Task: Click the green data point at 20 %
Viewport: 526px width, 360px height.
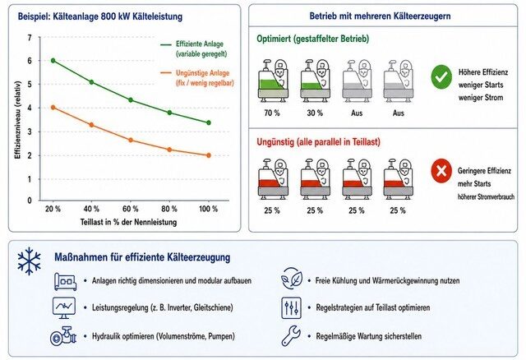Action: coord(53,60)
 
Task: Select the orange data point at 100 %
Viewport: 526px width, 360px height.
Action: coord(209,155)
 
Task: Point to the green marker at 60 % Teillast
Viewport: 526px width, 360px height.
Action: coord(131,100)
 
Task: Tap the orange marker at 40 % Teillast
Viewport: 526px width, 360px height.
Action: coord(91,125)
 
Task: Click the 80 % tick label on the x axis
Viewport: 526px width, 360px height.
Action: coord(169,209)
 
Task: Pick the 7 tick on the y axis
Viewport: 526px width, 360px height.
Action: coord(30,38)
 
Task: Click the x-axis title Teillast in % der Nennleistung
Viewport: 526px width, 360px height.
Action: coord(128,222)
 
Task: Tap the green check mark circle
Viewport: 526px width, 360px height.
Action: coord(441,76)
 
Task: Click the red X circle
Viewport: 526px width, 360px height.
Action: coord(441,171)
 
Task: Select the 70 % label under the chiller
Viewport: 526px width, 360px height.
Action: coord(272,113)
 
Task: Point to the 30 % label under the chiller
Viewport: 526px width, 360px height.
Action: coord(315,113)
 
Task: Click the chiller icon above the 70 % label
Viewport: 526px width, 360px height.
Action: coord(273,81)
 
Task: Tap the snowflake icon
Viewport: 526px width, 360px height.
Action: coord(30,261)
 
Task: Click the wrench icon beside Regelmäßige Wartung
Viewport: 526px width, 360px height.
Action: coord(291,336)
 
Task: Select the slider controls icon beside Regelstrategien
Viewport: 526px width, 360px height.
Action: coord(291,307)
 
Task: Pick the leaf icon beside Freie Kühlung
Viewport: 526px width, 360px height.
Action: coord(292,279)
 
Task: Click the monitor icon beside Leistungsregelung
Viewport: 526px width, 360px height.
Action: coord(64,307)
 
